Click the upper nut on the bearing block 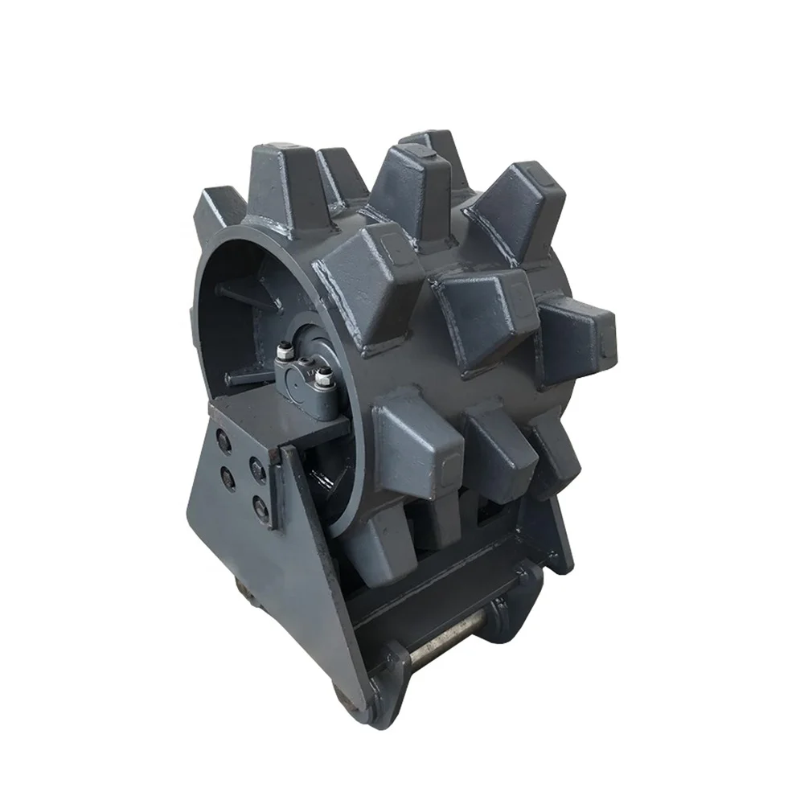click(x=284, y=351)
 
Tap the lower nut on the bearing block click(x=323, y=376)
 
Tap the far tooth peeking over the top click(x=430, y=145)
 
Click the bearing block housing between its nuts click(x=304, y=378)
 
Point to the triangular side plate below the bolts click(x=265, y=579)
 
